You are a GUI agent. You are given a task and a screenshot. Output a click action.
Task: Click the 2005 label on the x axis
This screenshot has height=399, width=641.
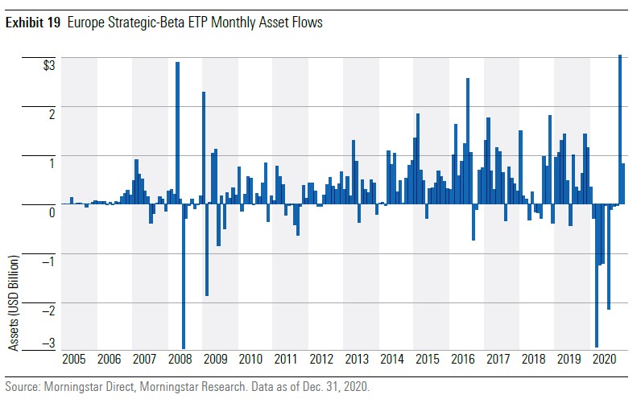73,359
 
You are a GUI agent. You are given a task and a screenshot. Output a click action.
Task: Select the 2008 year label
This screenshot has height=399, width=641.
180,359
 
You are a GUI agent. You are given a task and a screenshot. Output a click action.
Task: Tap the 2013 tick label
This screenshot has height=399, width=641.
356,359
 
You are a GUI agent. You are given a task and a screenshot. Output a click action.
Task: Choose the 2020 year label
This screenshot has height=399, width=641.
603,359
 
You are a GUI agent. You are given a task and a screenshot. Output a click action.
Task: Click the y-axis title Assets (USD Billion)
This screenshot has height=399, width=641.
14,303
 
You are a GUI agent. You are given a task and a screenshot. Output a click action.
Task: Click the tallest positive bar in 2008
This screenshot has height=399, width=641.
177,133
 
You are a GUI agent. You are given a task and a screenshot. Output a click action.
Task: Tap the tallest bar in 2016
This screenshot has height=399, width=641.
468,141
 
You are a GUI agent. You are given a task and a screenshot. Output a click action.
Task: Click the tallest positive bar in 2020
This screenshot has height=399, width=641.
619,129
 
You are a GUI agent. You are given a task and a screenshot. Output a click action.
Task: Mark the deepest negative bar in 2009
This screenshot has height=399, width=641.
207,250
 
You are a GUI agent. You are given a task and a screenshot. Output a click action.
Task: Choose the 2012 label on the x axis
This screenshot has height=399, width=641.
320,359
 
